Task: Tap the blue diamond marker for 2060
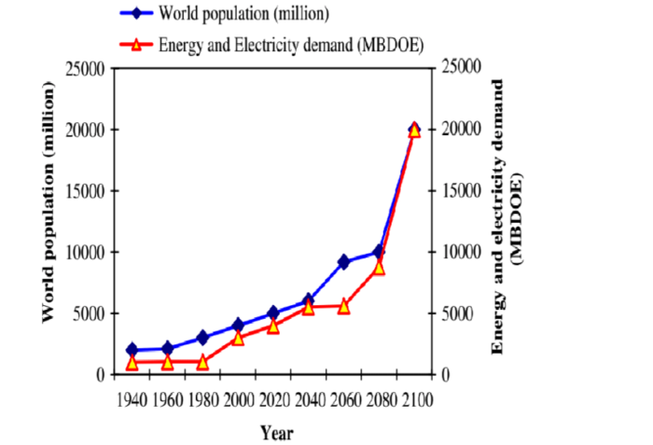(343, 262)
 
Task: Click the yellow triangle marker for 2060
(343, 306)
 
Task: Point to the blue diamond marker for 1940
(132, 350)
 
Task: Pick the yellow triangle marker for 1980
(202, 362)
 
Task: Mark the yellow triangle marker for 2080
(379, 267)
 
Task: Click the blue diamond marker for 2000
(238, 326)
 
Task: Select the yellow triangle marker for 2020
(273, 327)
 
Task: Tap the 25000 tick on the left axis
(86, 68)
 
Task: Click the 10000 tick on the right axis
(459, 252)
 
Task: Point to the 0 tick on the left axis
(101, 374)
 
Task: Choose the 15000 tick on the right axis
(459, 190)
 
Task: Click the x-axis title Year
(277, 433)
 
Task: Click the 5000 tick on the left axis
(90, 313)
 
